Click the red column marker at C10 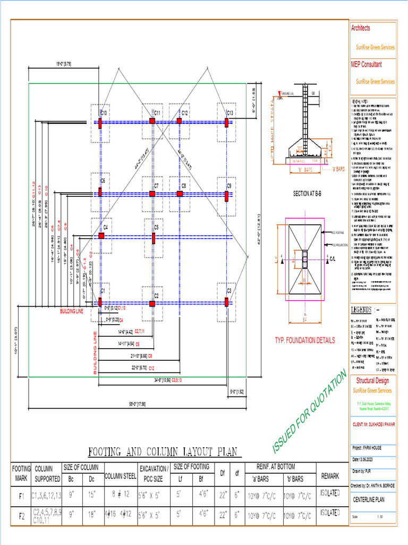coord(100,122)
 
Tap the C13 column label coord(230,113)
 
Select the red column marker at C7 coord(152,194)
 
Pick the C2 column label coord(157,295)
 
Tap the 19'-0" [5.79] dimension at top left coord(64,64)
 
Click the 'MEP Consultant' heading coord(367,64)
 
